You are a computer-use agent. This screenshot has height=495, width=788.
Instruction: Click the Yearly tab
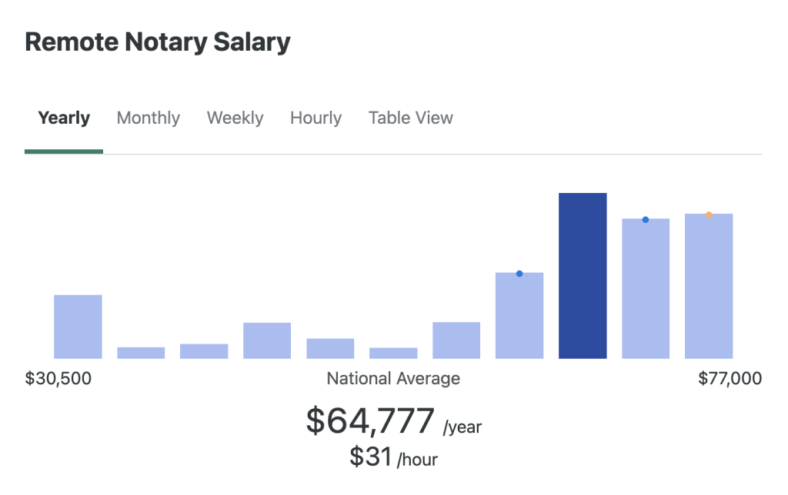[x=64, y=118]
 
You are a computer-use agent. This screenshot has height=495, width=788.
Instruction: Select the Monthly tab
[x=148, y=118]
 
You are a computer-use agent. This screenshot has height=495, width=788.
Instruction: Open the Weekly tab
[x=235, y=118]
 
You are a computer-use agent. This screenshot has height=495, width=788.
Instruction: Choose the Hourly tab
[x=316, y=118]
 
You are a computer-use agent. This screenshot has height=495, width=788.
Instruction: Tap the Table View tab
[x=410, y=118]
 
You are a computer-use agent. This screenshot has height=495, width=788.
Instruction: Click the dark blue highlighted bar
[x=583, y=276]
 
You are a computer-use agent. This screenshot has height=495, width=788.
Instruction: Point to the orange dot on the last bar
[x=709, y=214]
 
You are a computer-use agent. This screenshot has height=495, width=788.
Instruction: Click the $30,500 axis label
[x=58, y=378]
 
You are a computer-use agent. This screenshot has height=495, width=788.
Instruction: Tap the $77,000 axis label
[x=730, y=378]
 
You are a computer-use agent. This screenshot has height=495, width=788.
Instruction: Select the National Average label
[x=393, y=378]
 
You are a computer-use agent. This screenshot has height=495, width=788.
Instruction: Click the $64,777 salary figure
[x=370, y=421]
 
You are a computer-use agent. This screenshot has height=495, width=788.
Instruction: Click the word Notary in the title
[x=162, y=42]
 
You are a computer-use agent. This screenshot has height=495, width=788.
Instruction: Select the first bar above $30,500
[x=78, y=327]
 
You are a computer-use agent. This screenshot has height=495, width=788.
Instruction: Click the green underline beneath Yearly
[x=64, y=151]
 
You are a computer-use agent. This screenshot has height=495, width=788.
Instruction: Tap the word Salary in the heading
[x=252, y=42]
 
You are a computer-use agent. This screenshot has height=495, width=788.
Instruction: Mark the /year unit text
[x=462, y=427]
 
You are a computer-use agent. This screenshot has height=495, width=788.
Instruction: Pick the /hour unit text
[x=417, y=460]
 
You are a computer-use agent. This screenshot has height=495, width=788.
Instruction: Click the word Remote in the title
[x=65, y=42]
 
